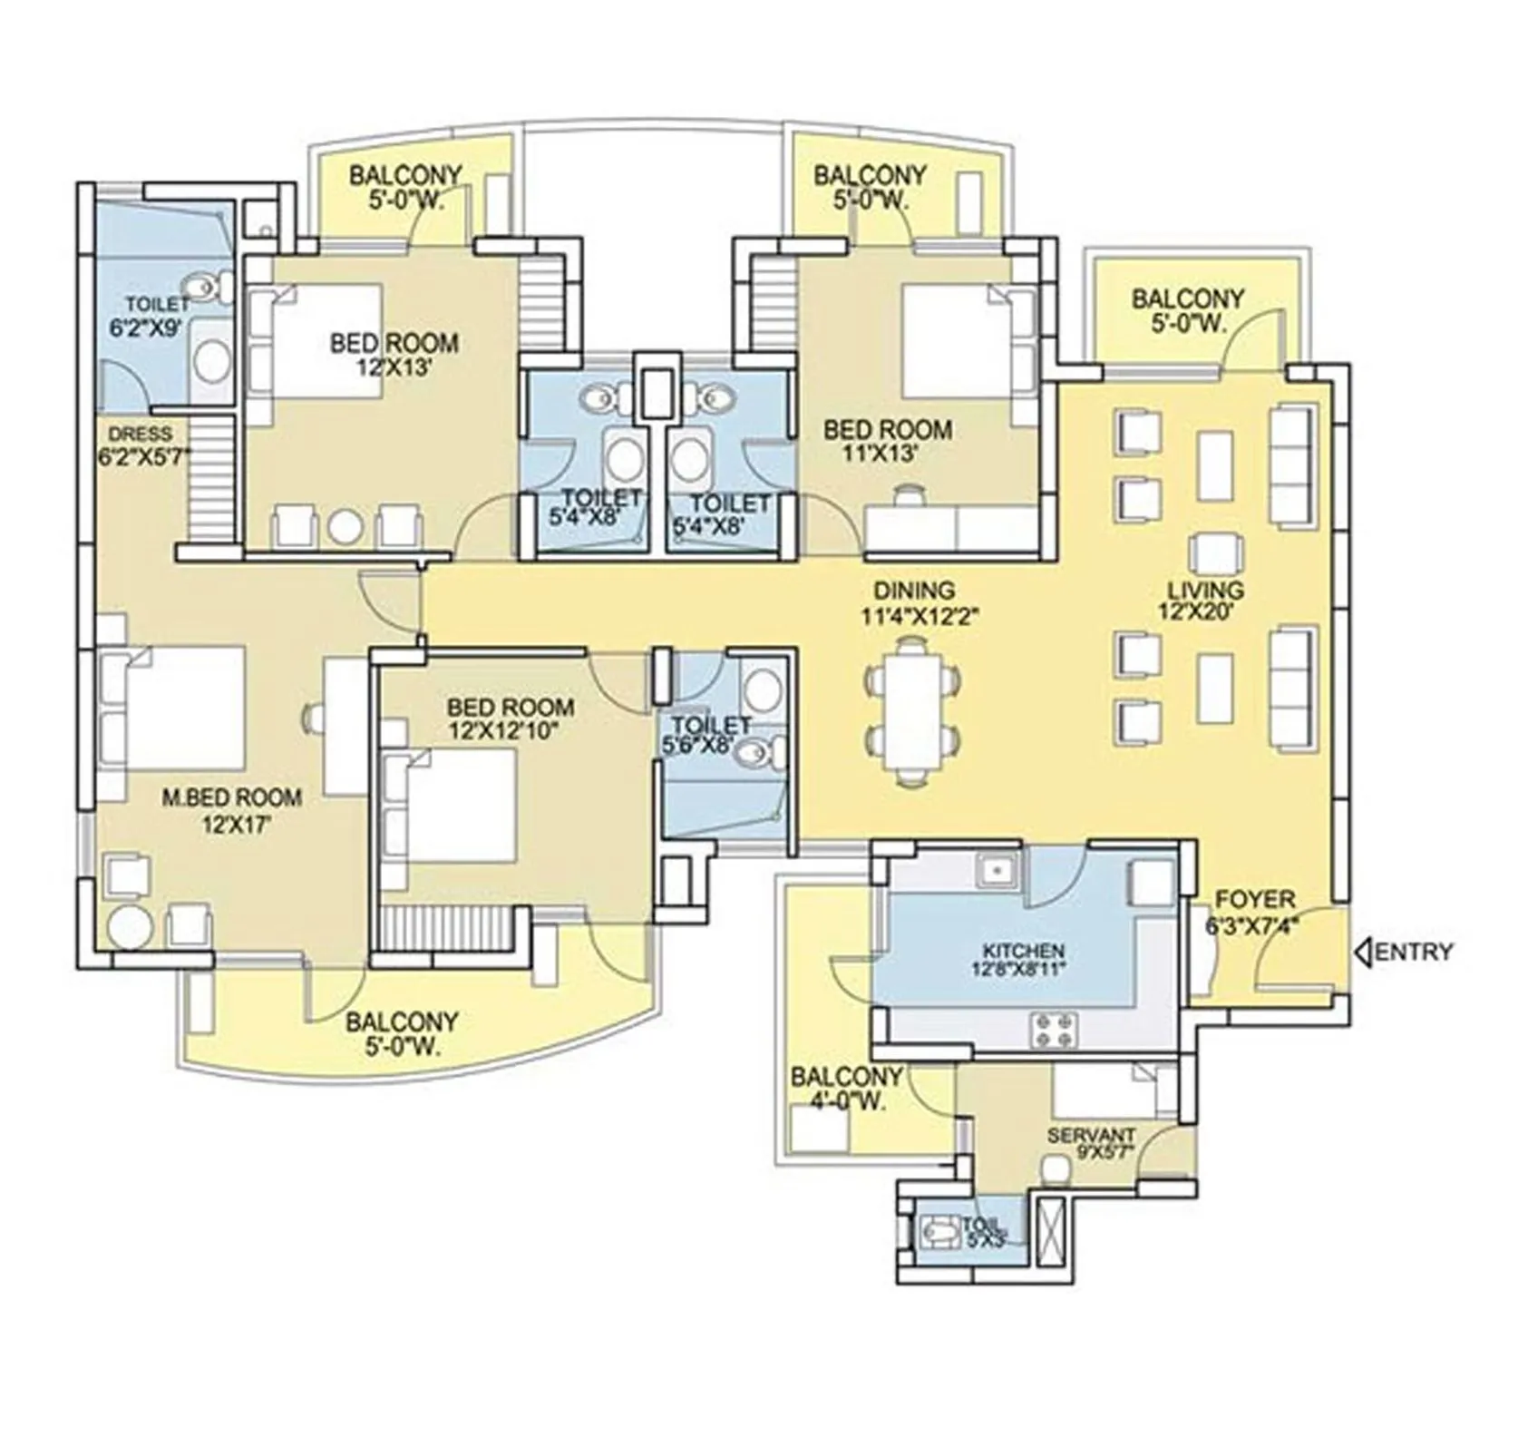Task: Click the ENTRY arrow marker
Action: tap(1362, 952)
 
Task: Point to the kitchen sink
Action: tap(997, 870)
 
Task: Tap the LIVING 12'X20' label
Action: tap(1205, 600)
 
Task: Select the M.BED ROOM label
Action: tap(231, 797)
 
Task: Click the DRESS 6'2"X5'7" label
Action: tap(143, 445)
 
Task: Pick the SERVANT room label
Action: tap(1091, 1136)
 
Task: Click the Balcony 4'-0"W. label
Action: tap(845, 1089)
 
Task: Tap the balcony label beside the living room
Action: tap(1187, 310)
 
